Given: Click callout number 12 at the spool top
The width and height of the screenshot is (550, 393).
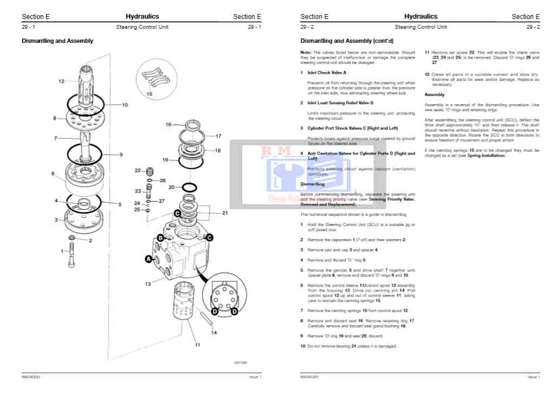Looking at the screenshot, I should (x=61, y=81).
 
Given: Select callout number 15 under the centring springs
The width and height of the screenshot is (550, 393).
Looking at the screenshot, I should (x=149, y=94).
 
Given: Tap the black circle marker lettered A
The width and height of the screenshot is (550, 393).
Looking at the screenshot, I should (x=148, y=260).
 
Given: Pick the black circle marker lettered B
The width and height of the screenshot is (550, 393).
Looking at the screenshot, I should (x=160, y=237).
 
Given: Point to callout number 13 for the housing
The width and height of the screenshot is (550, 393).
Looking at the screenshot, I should (x=148, y=284).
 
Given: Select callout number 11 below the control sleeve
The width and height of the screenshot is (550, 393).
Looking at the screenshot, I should (x=197, y=344).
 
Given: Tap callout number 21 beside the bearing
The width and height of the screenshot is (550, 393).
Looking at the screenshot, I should (x=225, y=213).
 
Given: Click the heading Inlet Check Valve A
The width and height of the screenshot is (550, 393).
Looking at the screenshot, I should (x=327, y=72).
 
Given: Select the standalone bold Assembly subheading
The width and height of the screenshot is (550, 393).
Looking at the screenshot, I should (x=435, y=94).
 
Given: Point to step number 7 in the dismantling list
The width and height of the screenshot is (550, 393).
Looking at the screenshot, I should (x=302, y=311).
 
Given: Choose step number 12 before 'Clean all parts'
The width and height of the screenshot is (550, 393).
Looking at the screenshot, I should (x=427, y=74).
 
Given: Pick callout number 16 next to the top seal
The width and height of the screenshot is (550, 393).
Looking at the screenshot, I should (x=169, y=125).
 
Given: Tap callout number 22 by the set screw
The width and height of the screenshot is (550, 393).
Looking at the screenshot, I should (x=138, y=170).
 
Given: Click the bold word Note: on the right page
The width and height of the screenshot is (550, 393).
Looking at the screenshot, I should (x=306, y=52).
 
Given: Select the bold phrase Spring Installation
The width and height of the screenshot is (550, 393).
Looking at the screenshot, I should (x=487, y=156).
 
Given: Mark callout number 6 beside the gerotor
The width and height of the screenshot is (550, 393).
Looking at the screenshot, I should (x=53, y=174).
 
